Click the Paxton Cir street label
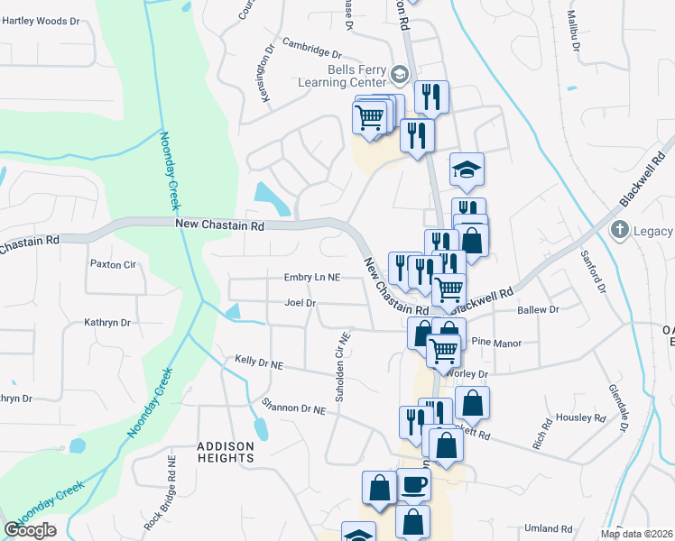tap(112, 264)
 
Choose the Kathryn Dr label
tap(107, 322)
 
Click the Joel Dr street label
tap(299, 303)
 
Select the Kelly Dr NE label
tap(259, 362)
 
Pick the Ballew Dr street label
tap(538, 309)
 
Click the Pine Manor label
tap(497, 344)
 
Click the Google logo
tap(30, 530)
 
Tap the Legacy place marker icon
tap(619, 230)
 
